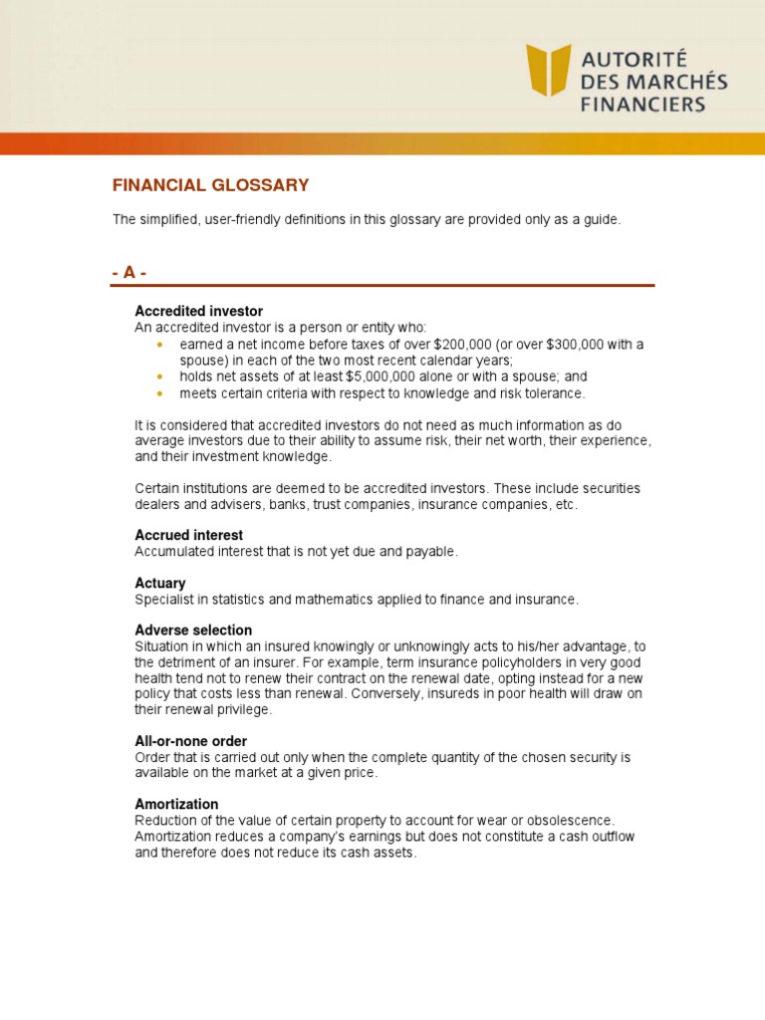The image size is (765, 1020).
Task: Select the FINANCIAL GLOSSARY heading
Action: click(x=210, y=185)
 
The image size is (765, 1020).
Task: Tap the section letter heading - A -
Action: click(x=129, y=273)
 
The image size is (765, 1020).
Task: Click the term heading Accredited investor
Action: click(x=198, y=312)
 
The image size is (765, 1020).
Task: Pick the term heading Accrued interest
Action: click(x=188, y=535)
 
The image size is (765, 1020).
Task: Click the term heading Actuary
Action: click(x=160, y=583)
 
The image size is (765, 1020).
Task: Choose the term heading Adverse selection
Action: click(x=193, y=631)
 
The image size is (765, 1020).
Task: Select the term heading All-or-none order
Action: click(x=190, y=741)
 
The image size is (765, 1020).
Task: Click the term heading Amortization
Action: click(x=176, y=804)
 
